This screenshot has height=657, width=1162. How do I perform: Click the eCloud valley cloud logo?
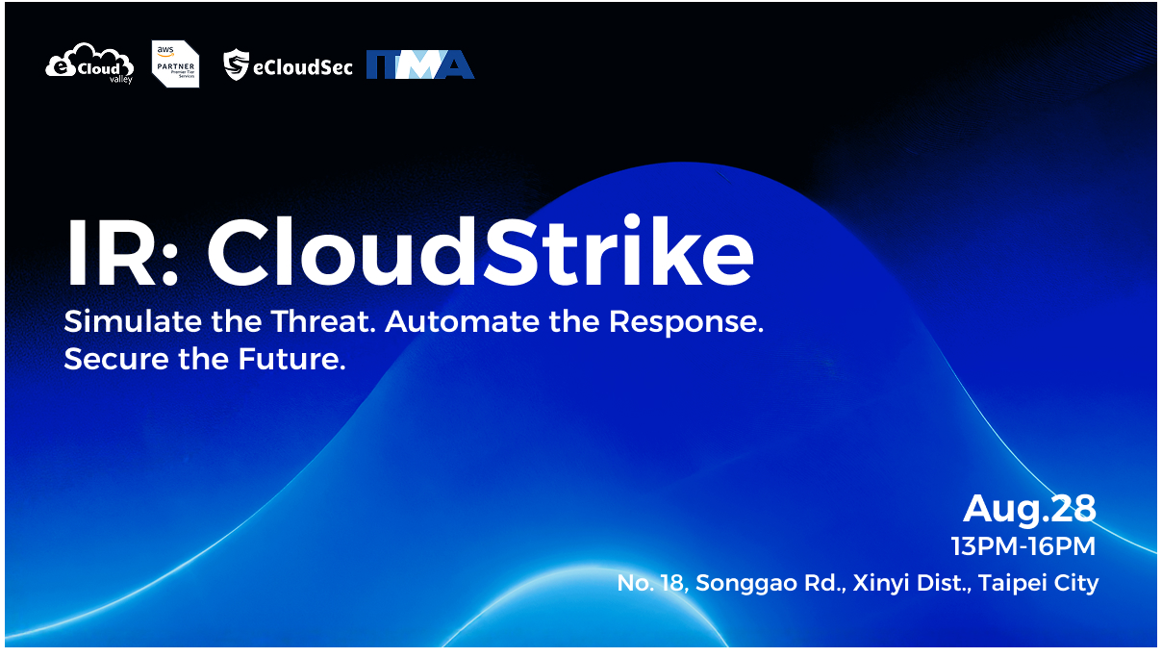[88, 63]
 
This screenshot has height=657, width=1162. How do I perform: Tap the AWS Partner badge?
[176, 64]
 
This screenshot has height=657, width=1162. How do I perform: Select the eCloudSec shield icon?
[237, 65]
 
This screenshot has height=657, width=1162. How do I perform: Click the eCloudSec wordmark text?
[303, 66]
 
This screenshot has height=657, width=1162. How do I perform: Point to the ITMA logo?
[420, 64]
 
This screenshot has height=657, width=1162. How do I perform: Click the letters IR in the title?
[112, 255]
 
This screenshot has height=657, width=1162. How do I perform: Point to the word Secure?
[114, 360]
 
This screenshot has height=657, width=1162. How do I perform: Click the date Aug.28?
[1029, 507]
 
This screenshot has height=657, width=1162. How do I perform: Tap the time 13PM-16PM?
[1023, 547]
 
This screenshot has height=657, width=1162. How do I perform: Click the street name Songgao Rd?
[770, 584]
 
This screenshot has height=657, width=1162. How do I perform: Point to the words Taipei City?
[1038, 584]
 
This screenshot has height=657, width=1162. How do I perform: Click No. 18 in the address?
[651, 583]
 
